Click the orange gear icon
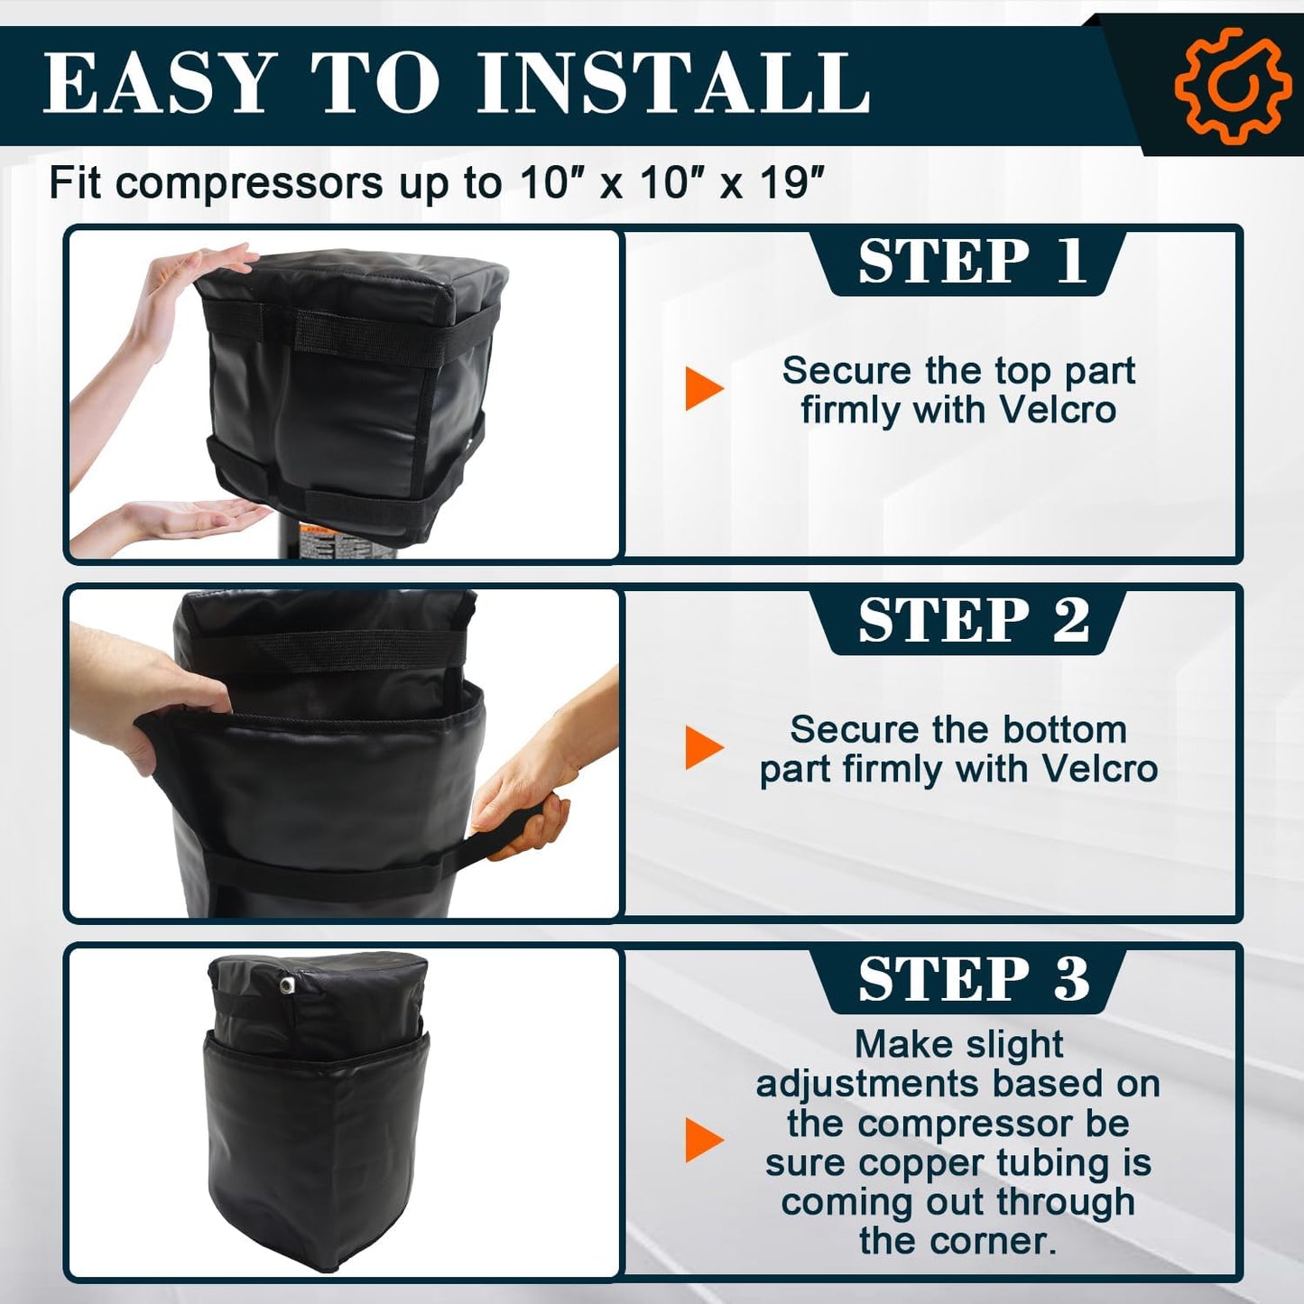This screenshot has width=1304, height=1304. click(x=1233, y=86)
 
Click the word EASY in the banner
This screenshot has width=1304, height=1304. click(x=160, y=85)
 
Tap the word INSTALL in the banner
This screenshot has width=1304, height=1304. click(x=673, y=85)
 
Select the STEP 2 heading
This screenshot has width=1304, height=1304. click(x=973, y=620)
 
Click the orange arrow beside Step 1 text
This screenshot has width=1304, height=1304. click(x=705, y=388)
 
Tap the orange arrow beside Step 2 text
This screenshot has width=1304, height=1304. click(x=705, y=747)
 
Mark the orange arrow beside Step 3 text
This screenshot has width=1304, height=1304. click(x=705, y=1141)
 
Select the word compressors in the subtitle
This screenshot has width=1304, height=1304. click(x=249, y=184)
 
